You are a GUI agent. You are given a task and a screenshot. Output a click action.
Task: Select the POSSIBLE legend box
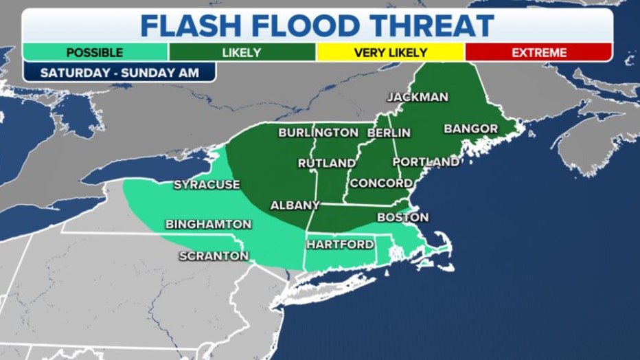tap(95, 52)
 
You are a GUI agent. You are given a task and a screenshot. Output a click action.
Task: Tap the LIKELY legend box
tap(242, 52)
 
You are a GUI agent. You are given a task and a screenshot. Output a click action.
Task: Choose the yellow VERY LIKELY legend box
tap(390, 52)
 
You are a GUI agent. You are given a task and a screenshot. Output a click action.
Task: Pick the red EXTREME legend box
tap(538, 52)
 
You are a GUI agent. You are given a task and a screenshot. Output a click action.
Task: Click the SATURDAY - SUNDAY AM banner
tap(119, 72)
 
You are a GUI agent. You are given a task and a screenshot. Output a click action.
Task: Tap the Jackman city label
tap(418, 97)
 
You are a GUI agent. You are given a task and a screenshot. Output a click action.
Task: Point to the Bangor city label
tap(470, 128)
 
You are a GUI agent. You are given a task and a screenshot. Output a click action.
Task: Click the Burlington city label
tap(318, 133)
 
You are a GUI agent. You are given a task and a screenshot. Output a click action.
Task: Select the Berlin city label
tap(389, 133)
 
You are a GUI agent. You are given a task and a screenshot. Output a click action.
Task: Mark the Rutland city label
tap(327, 164)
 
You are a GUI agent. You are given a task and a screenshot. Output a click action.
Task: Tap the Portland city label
tap(426, 162)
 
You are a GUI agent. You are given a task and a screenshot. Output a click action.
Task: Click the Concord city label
tap(381, 183)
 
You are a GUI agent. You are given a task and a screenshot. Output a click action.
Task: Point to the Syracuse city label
tap(207, 185)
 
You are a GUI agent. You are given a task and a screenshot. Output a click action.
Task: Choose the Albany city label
tap(295, 205)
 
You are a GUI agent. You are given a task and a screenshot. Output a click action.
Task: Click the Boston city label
tap(403, 218)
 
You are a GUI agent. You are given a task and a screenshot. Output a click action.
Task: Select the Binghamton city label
tap(208, 225)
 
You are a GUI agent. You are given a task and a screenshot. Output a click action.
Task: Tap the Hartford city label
tap(340, 245)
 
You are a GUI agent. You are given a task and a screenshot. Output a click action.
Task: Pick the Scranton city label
tap(214, 256)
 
